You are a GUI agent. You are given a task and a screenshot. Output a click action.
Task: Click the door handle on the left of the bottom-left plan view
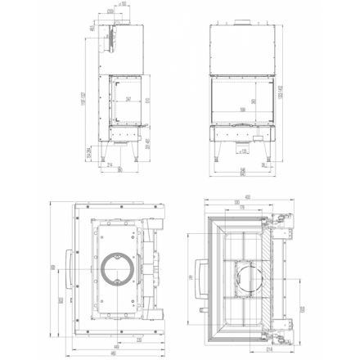(x=65, y=275)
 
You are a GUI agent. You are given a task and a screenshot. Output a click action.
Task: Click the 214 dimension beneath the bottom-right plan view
(x=242, y=350)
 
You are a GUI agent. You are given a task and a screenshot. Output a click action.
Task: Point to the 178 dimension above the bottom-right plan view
(x=242, y=207)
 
